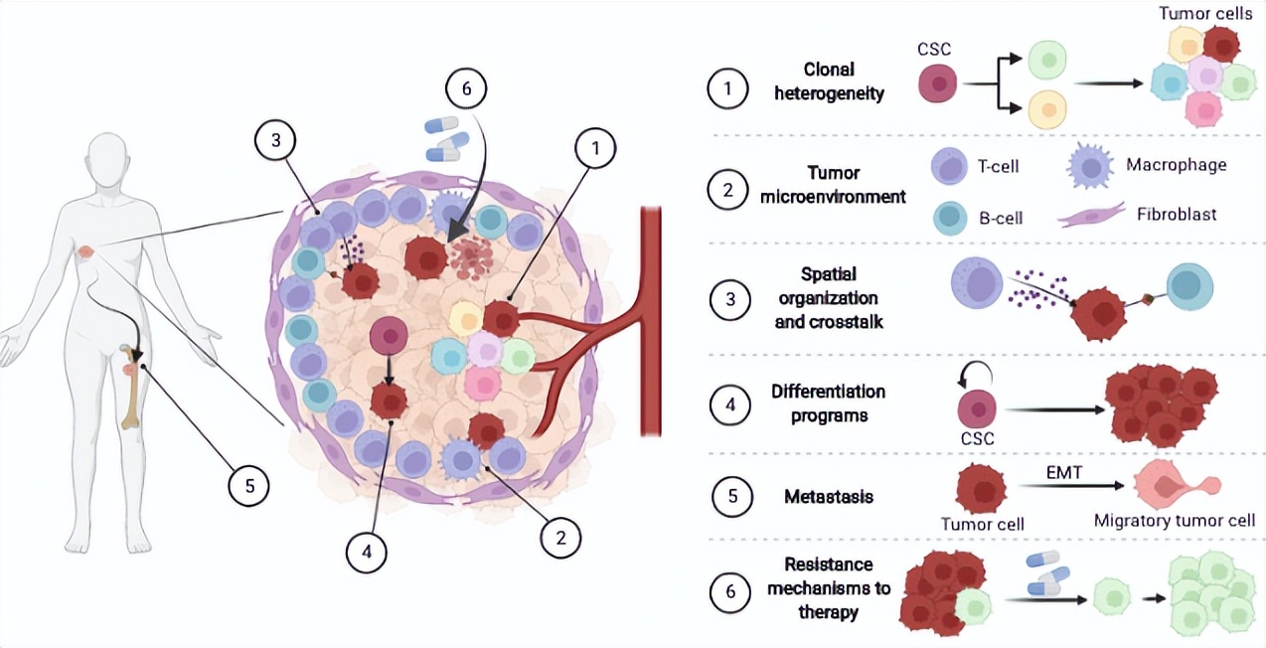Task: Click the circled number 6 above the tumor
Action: coord(466,88)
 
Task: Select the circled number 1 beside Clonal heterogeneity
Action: coord(728,88)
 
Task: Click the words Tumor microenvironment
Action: coord(833,185)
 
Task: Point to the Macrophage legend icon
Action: coord(1089,165)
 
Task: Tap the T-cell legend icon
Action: coord(949,165)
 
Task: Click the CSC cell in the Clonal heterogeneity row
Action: coord(938,84)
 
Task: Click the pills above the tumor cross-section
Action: coord(441,138)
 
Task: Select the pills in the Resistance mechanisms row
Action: coord(1048,573)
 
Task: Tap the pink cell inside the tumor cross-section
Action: coord(483,383)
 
